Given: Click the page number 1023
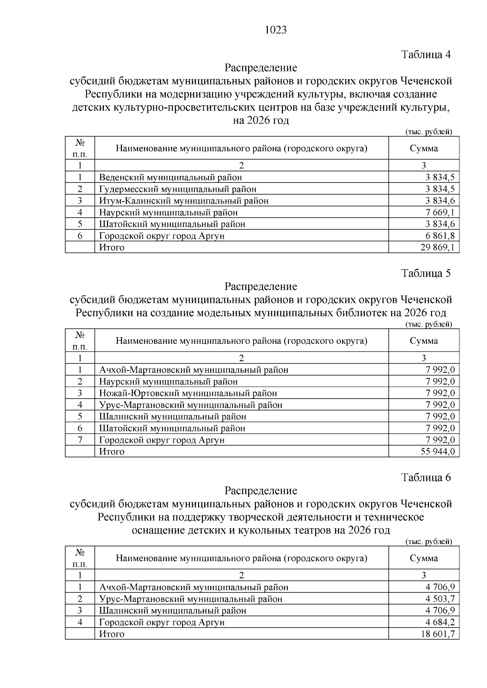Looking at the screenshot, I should pos(276,30).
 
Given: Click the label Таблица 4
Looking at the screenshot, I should pos(426,54).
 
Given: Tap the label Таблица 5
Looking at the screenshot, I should pos(426,273).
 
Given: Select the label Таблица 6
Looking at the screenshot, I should pos(426,478).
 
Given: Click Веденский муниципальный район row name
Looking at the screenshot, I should pos(170,177).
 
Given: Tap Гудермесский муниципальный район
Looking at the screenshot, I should pos(178,189).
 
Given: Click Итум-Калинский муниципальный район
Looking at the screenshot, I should pos(184,201).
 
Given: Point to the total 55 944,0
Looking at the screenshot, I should pos(437,452).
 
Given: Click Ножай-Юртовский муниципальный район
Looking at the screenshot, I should pos(188,393).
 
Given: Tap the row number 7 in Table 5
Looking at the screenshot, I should pos(80,440).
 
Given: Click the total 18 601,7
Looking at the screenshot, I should pos(437,634).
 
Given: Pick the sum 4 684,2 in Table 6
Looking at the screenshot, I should pos(440,622).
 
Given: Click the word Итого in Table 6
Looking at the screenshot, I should pos(112,634).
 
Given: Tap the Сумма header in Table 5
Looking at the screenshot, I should pos(424,341).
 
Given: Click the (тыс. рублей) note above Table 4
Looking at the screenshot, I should pos(429,132).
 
